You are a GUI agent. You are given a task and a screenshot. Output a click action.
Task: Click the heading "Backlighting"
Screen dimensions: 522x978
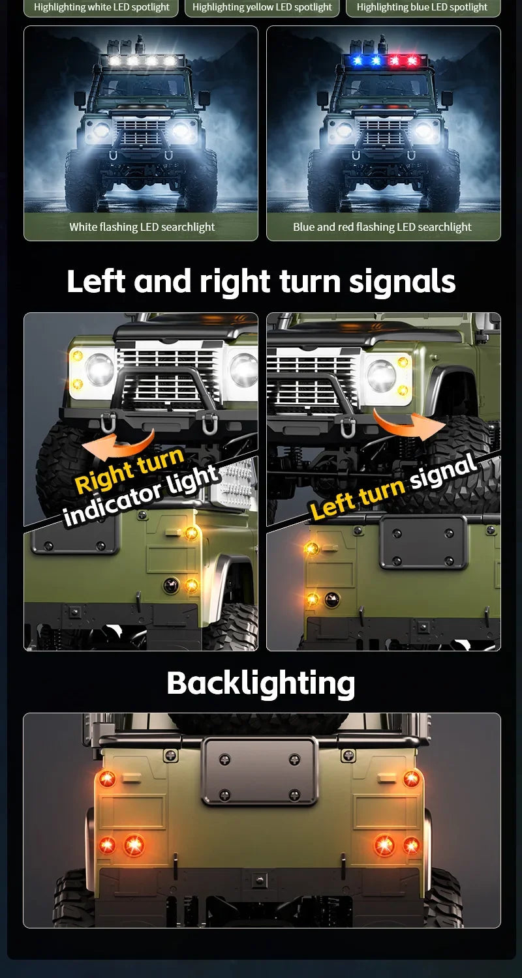[x=261, y=683]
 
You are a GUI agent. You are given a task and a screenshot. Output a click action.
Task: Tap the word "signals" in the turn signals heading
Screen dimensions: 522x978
[x=402, y=281]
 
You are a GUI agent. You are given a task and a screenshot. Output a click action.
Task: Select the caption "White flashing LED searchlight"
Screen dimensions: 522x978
[x=142, y=227]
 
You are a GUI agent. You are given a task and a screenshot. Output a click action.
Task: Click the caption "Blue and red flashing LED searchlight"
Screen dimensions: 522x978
[x=382, y=227]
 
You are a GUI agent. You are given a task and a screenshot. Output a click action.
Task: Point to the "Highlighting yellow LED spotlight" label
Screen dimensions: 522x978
[x=262, y=7]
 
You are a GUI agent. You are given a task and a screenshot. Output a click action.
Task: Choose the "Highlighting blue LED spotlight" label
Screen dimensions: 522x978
[x=422, y=7]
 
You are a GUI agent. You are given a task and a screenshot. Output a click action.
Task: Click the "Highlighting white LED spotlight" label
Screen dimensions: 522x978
[x=101, y=7]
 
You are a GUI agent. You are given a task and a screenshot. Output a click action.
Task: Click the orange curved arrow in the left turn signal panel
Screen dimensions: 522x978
[x=408, y=424]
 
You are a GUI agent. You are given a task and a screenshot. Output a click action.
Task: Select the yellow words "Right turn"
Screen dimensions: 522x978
[x=129, y=470]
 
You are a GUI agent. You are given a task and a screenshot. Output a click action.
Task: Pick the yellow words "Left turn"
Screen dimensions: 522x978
[x=358, y=497]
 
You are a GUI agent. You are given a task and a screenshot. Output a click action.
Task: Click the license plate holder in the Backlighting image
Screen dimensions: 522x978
[x=260, y=771]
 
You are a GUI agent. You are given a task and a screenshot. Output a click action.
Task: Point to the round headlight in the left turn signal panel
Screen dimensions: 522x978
[x=381, y=375]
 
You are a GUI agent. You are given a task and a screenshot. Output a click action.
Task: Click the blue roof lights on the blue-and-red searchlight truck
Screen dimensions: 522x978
[x=366, y=60]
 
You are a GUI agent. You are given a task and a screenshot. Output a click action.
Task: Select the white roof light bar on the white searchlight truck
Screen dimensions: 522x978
[x=142, y=60]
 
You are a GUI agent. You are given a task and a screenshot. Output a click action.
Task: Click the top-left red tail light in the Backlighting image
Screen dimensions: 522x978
[x=107, y=779]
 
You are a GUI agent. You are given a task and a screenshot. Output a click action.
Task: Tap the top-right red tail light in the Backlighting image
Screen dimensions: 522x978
[x=411, y=779]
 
